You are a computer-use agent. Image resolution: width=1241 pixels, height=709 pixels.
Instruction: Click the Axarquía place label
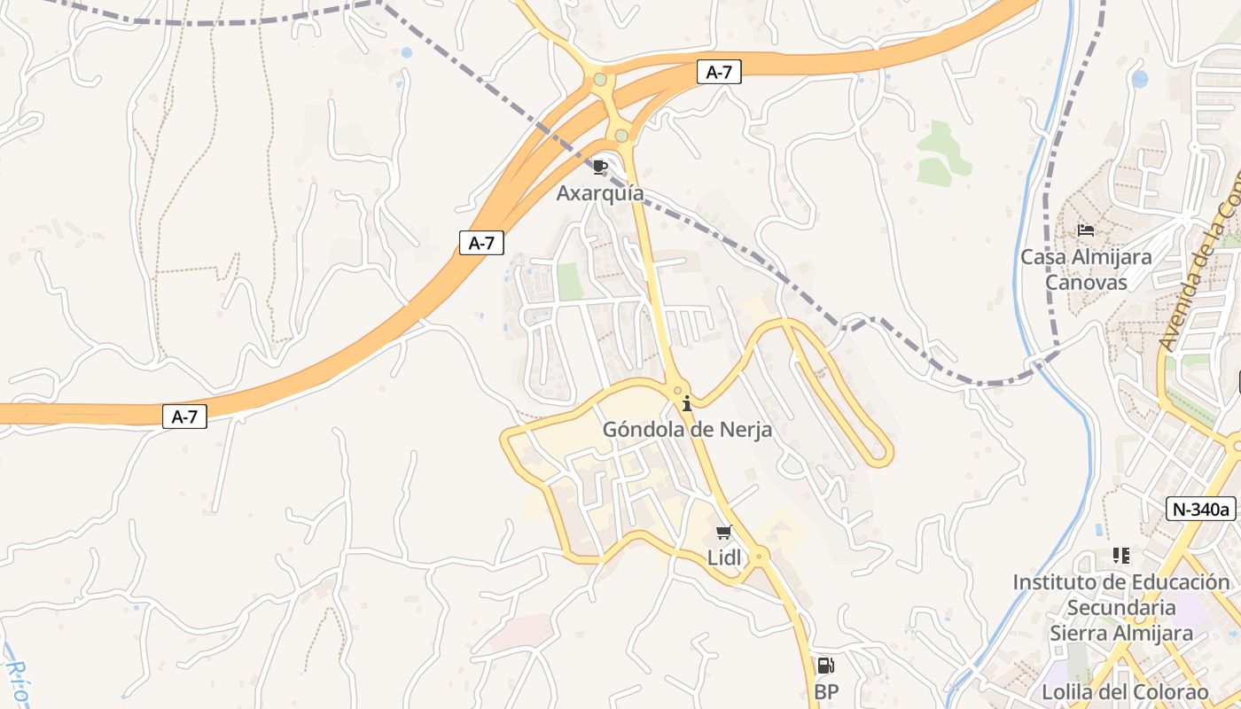(x=600, y=193)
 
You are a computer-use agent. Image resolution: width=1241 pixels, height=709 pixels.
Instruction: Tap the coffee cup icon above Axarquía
(x=600, y=167)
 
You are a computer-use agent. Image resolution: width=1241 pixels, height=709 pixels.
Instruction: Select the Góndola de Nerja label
(x=687, y=430)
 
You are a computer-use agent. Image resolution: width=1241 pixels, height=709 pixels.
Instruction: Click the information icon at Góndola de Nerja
(x=687, y=404)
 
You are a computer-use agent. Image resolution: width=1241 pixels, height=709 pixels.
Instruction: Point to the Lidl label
(x=724, y=557)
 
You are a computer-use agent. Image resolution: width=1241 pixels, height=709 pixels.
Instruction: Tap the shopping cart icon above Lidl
(x=724, y=533)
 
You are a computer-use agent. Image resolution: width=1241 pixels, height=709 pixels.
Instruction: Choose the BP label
(x=826, y=691)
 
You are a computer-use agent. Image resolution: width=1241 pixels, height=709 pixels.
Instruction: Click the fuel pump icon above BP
(x=825, y=666)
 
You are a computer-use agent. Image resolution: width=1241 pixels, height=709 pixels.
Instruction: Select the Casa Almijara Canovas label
(x=1086, y=269)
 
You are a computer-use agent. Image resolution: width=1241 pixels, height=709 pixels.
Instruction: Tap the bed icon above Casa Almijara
(x=1086, y=230)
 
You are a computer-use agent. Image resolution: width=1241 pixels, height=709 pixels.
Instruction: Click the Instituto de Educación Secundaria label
(x=1121, y=595)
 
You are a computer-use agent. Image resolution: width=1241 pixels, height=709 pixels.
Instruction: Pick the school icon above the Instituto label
(x=1121, y=556)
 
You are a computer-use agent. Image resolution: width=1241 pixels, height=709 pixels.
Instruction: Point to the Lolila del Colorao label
(x=1125, y=692)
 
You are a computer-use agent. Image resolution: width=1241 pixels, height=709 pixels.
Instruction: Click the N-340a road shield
(x=1201, y=509)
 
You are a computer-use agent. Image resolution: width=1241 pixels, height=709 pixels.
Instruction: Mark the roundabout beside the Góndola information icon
(x=678, y=391)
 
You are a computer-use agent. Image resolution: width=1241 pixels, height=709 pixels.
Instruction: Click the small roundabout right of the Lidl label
(x=760, y=557)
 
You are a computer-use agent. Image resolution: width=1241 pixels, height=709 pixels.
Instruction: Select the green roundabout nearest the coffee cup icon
(x=621, y=136)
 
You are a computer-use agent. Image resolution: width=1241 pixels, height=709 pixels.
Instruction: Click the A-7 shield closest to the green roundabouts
(x=718, y=73)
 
